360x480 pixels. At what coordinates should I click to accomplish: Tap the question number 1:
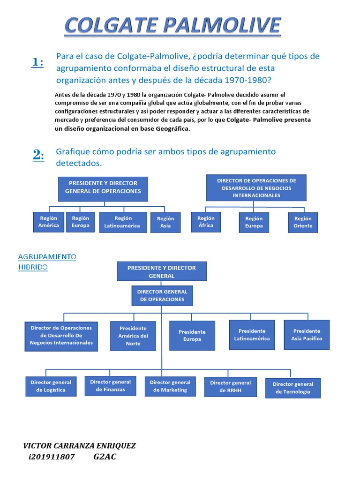coord(38,62)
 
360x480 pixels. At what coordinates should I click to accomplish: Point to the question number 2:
coord(38,156)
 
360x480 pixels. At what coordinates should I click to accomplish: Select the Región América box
coord(49,222)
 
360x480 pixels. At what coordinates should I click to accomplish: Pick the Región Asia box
coord(165,222)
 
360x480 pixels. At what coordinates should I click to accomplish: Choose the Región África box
coord(206,222)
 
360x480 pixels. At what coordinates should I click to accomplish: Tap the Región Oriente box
coord(303,222)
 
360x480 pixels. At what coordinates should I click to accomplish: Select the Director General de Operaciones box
coord(162,295)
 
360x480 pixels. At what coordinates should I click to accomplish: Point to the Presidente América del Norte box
coord(133,336)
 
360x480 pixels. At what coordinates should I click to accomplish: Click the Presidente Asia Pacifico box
coord(307,335)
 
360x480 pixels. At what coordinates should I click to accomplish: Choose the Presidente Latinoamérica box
coord(252,335)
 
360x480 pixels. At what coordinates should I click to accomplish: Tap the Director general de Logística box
coord(51,386)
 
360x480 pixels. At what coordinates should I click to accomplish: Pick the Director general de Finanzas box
coord(110,385)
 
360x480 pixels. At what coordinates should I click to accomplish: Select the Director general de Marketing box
coord(170,386)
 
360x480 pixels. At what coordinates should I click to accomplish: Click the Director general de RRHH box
coord(230,386)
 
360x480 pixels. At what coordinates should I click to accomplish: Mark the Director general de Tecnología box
coord(293,388)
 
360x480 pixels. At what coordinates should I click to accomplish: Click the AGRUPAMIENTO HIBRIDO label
coord(47,262)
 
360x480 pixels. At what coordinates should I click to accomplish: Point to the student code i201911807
coord(52,457)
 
